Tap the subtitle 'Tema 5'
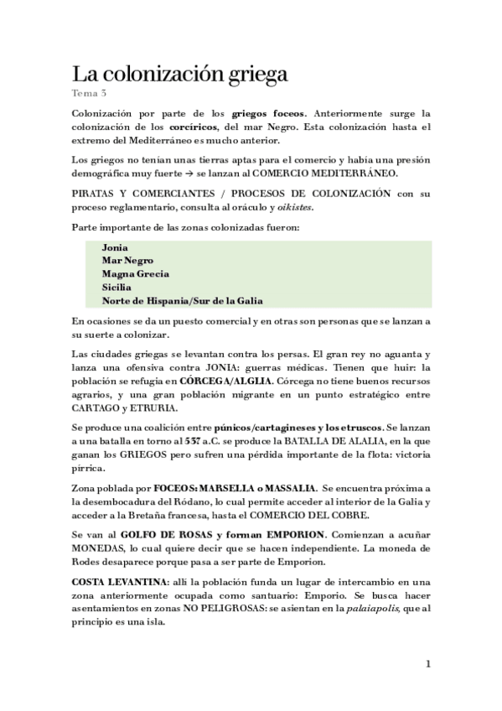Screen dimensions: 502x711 86,92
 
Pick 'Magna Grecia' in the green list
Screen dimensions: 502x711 135,273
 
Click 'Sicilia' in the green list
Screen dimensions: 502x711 116,287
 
